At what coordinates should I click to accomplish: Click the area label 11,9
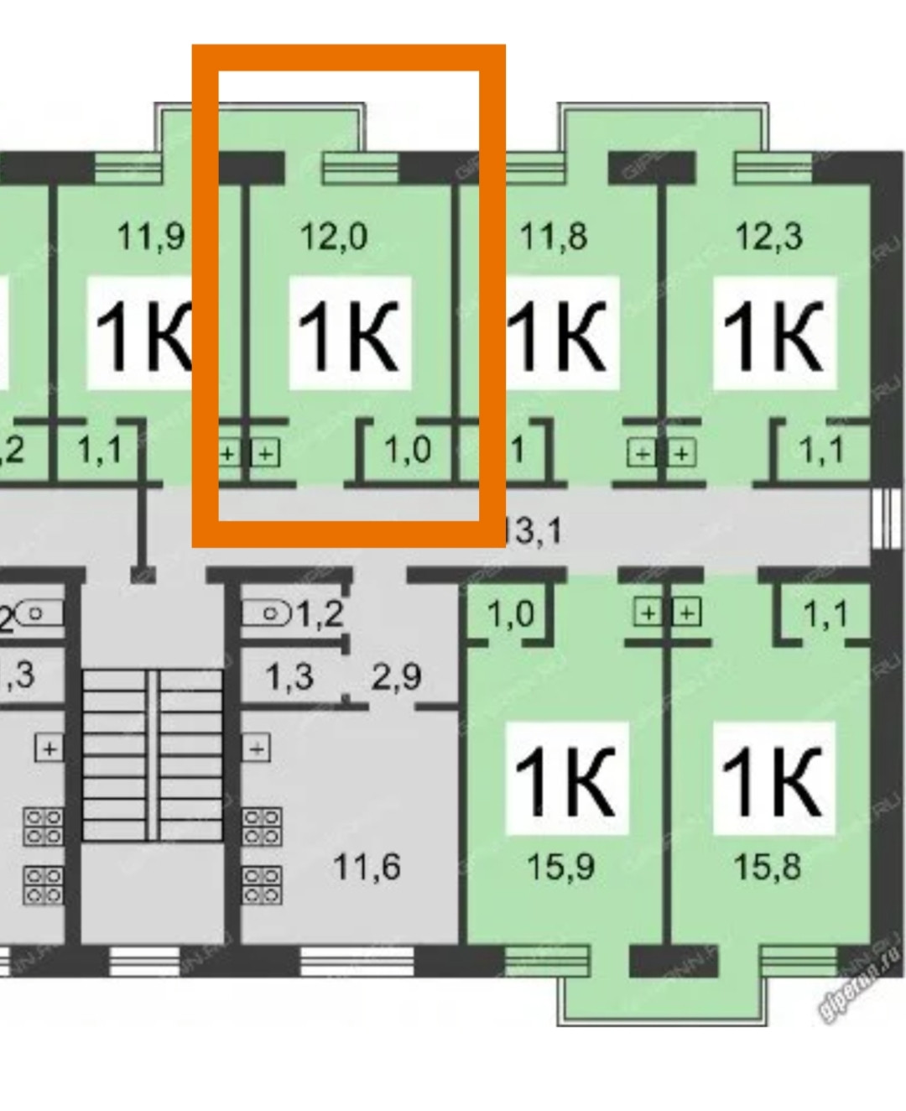click(x=151, y=236)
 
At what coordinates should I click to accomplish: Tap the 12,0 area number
click(x=334, y=236)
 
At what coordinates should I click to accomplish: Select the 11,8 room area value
click(x=553, y=236)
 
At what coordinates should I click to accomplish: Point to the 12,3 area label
click(x=768, y=236)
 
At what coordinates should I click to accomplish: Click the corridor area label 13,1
click(x=534, y=531)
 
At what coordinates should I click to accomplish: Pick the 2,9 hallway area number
click(x=396, y=676)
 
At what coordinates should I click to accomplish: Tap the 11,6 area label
click(x=367, y=865)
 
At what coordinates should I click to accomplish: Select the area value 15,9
click(x=560, y=865)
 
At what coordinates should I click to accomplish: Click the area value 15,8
click(x=767, y=865)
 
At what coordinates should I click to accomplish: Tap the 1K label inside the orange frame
click(x=349, y=336)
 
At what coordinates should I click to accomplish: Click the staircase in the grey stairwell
click(x=153, y=754)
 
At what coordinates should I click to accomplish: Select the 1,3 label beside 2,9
click(x=289, y=676)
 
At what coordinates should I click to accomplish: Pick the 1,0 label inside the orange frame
click(x=408, y=451)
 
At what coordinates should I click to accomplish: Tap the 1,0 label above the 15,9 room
click(x=510, y=614)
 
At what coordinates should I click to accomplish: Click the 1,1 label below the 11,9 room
click(x=100, y=451)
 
